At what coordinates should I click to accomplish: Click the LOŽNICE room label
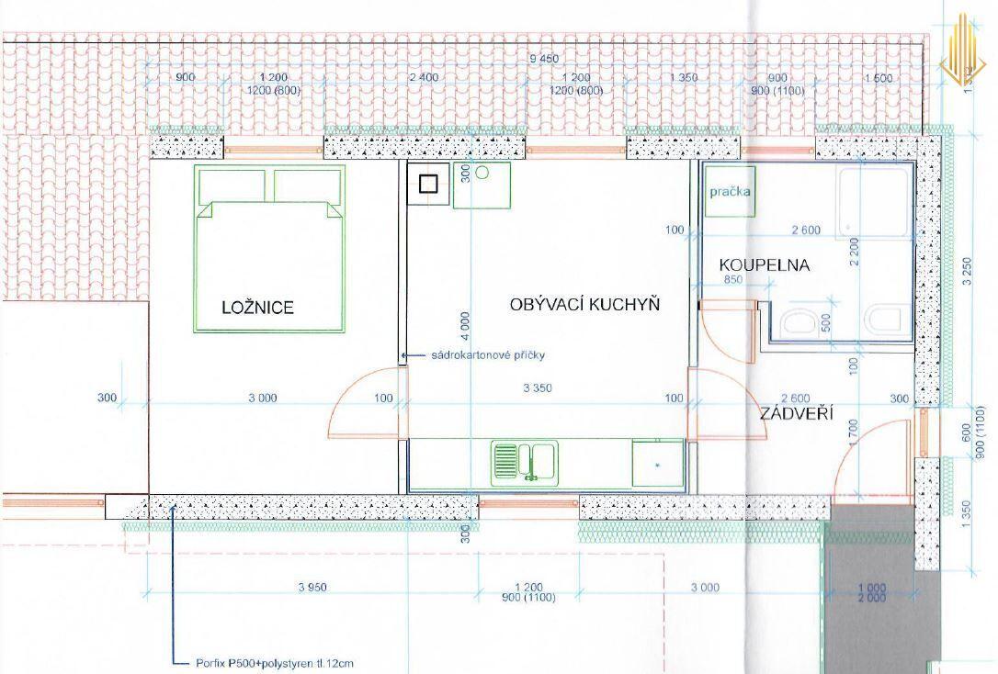pos(258,308)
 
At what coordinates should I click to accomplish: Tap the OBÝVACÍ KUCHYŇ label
pos(584,304)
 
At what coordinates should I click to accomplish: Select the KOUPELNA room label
pos(765,264)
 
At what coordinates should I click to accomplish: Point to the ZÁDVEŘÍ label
pos(796,414)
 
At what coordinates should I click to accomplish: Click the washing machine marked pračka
pos(730,191)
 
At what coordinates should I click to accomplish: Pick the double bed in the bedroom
pos(269,249)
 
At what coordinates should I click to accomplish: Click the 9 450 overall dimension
pos(544,59)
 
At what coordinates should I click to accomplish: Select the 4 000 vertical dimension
pos(465,329)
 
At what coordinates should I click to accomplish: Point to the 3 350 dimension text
pos(538,388)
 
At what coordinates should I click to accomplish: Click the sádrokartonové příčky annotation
pos(488,355)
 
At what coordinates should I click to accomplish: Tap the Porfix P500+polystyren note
pos(275,664)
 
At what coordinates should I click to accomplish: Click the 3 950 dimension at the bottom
pos(312,588)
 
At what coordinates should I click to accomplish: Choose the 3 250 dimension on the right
pos(968,271)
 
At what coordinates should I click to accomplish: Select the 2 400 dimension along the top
pos(424,77)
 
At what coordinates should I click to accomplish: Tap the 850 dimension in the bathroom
pos(732,279)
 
